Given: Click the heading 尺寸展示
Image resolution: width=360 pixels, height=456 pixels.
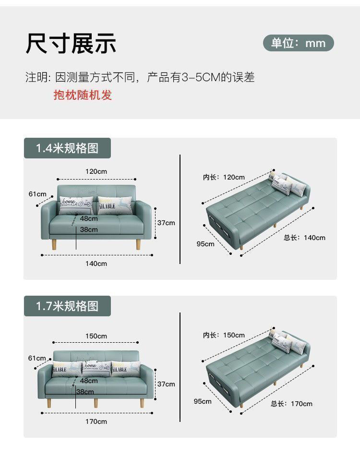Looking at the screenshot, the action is (71, 43).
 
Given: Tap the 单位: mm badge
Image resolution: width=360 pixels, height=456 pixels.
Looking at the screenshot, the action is (298, 43).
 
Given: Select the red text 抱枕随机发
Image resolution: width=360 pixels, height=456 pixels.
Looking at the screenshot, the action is (83, 95).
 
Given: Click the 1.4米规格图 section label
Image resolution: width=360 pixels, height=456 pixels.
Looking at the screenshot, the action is (67, 148).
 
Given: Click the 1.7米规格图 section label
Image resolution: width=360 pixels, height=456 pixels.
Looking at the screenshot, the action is (67, 306).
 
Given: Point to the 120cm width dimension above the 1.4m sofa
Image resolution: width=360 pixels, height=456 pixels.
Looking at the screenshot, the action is (96, 171).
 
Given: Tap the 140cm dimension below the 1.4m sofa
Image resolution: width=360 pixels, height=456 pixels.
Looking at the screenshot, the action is (96, 264).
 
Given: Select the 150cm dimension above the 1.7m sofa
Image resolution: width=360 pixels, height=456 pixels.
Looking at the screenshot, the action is (96, 336).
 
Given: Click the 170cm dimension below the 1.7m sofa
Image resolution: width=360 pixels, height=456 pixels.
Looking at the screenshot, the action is (96, 421).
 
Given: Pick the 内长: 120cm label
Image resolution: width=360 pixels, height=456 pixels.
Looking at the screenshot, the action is (224, 177).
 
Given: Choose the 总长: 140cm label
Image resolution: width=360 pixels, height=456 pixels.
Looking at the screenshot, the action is (304, 238).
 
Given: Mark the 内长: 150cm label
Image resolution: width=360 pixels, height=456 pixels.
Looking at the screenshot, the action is (224, 335).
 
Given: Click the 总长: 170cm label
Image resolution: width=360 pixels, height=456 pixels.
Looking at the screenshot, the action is (291, 404).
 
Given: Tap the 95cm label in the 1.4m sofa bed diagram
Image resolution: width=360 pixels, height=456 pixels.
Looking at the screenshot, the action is (205, 244).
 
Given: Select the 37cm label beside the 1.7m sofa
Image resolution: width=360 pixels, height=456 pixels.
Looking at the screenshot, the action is (166, 384).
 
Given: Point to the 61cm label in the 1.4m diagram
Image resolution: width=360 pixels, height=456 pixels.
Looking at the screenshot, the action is (37, 194).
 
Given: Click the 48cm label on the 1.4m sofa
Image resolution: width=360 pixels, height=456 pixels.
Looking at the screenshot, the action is (89, 218).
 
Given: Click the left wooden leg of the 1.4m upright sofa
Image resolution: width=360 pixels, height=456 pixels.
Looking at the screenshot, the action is (54, 244).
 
